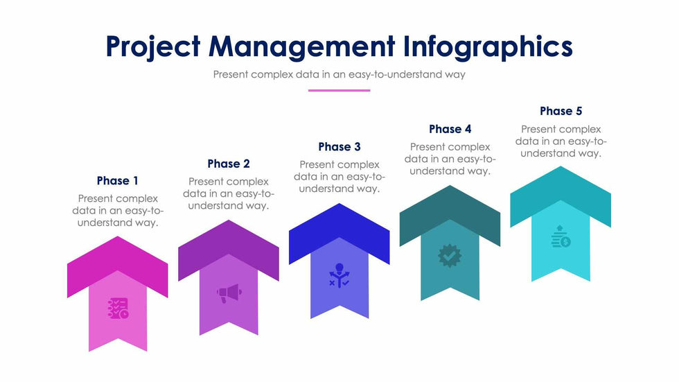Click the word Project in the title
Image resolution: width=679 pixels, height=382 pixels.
tap(153, 46)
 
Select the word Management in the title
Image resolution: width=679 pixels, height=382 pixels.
tap(302, 47)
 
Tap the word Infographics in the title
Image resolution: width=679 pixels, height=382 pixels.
tap(488, 46)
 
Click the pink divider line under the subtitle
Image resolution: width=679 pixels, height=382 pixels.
tap(339, 91)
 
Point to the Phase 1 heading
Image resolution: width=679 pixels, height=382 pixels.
tap(117, 181)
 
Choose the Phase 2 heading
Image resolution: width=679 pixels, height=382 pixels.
tap(229, 164)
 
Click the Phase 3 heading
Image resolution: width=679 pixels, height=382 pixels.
tap(339, 147)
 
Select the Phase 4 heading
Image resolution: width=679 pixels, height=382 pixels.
tap(450, 129)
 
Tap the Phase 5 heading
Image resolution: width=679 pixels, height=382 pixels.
tap(561, 112)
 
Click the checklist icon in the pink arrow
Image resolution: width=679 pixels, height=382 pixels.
tap(118, 309)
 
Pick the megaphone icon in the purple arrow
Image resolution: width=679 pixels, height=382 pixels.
tap(229, 293)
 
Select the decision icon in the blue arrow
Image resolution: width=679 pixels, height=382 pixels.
tap(339, 276)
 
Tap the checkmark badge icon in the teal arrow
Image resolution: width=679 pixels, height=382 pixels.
tap(450, 256)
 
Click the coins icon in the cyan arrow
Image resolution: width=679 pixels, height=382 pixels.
tap(561, 236)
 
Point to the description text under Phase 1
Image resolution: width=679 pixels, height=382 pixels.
tap(118, 211)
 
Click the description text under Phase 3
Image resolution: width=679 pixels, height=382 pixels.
tap(339, 177)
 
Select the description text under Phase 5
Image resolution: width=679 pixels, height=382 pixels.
tap(561, 141)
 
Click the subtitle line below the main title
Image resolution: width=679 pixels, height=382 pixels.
tap(339, 74)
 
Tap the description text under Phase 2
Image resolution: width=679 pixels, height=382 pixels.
tap(229, 193)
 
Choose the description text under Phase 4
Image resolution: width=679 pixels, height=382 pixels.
tap(450, 159)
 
